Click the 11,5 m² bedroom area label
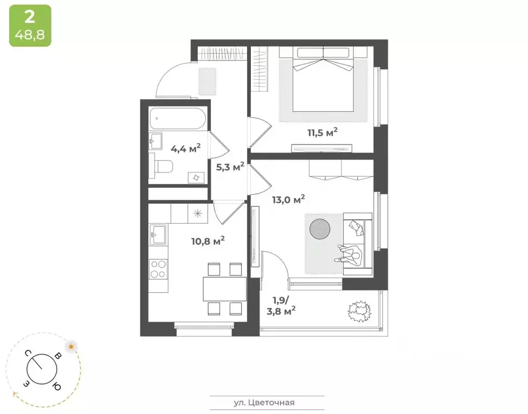pos(323,132)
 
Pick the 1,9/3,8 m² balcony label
pos(281,305)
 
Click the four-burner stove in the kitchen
pos(158,268)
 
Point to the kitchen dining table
pos(224,288)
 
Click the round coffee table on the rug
pos(320,229)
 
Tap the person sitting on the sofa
pos(352,253)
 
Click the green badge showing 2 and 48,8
pos(30,26)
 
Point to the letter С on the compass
pos(27,354)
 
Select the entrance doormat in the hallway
pos(205,81)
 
